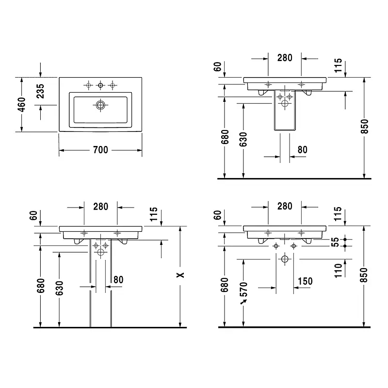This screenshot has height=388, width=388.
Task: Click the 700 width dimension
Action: [100, 150]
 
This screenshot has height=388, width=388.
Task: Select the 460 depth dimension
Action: [21, 104]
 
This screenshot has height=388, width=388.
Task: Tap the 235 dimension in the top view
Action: [40, 91]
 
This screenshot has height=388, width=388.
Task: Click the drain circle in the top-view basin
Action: [100, 105]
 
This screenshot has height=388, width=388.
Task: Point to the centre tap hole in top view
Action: [100, 85]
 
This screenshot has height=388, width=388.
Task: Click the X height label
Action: [180, 275]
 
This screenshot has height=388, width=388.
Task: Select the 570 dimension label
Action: [243, 289]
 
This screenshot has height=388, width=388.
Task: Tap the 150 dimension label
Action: [305, 281]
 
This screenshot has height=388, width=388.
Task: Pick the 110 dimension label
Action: [338, 271]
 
